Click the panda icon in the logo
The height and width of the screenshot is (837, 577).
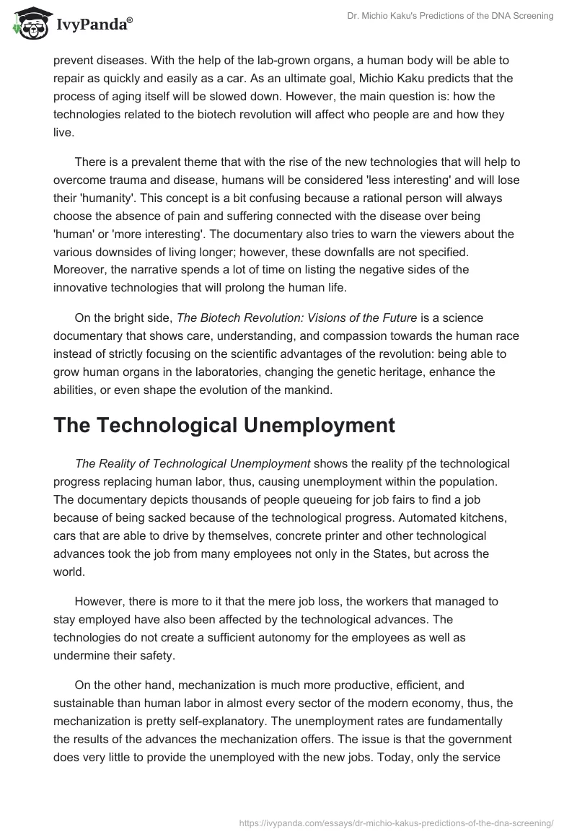27,24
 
